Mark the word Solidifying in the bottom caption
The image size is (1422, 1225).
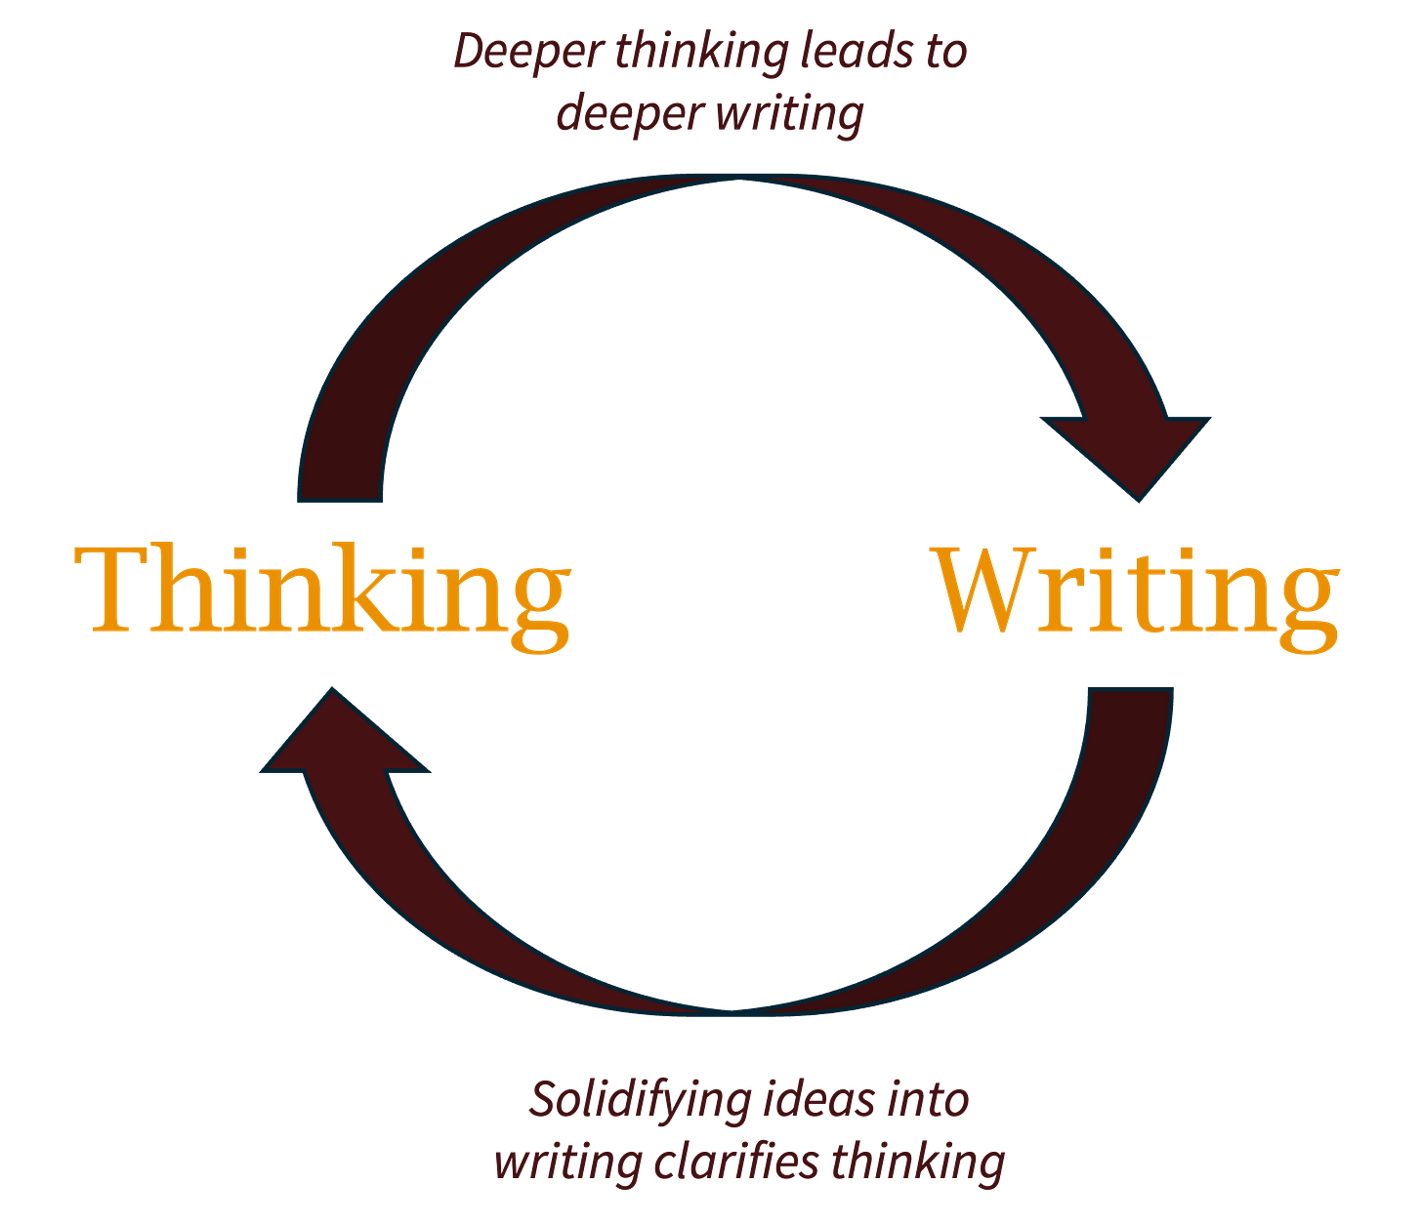pos(641,1101)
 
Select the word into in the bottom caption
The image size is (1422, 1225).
pos(928,1101)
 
